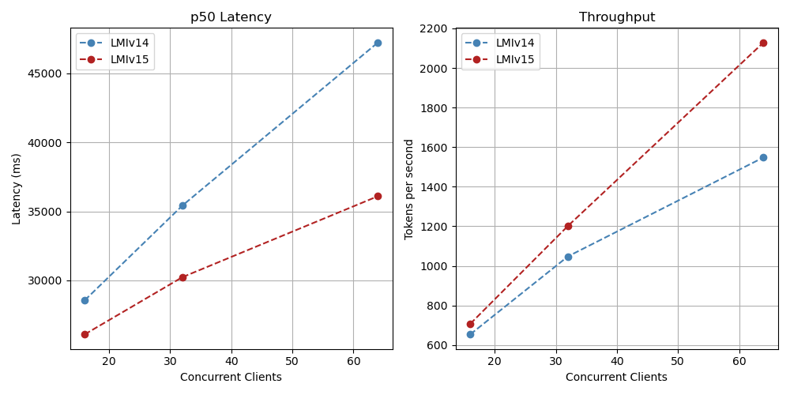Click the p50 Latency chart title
pos(231,17)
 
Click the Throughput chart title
pos(616,17)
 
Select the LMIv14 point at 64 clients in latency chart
pos(378,43)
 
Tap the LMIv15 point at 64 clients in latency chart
pos(378,196)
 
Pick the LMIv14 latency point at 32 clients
pos(182,205)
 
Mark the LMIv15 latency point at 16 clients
pos(85,334)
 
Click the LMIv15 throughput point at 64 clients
pos(763,43)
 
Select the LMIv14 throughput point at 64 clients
pos(763,157)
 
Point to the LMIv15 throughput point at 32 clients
pos(568,226)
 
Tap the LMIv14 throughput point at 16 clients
pos(470,334)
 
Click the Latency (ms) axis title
pos(17,189)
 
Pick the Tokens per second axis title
pos(409,189)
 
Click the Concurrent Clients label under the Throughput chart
pos(616,377)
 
